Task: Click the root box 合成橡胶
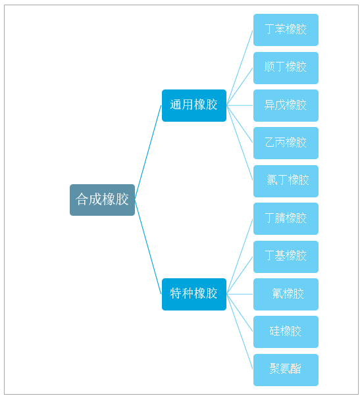pos(102,200)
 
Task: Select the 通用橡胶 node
pos(194,105)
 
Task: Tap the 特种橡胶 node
pos(194,294)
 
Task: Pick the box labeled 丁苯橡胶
pos(286,30)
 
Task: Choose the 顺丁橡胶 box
pos(286,68)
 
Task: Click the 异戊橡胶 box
pos(286,105)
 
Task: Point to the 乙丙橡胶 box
pos(286,143)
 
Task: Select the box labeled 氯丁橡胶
pos(286,181)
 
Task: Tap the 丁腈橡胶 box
pos(286,218)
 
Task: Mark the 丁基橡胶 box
pos(286,257)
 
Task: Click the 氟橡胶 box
pos(286,294)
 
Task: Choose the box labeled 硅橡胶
pos(286,332)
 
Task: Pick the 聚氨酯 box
pos(286,370)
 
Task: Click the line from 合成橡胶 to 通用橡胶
pos(148,153)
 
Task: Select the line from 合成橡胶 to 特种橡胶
pos(148,247)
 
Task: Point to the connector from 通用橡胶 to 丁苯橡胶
pos(240,68)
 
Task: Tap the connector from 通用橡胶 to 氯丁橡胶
pos(240,143)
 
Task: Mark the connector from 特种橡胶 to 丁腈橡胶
pos(240,257)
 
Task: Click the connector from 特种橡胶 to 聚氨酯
pos(240,332)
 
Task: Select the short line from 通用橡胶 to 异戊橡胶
pos(240,105)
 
